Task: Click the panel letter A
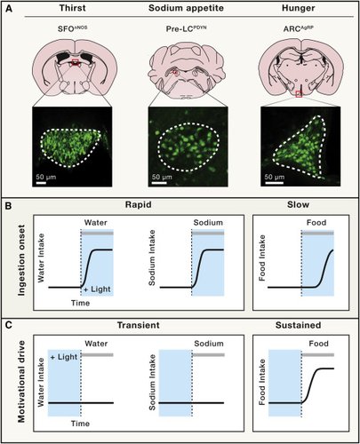(x=10, y=9)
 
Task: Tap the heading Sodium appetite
(x=186, y=8)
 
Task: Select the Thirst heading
(x=73, y=8)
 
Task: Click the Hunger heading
(x=299, y=8)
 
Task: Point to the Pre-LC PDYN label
(x=186, y=29)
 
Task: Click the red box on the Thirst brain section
(x=76, y=62)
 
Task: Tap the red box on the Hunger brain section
(x=299, y=94)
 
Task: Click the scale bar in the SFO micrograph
(x=41, y=183)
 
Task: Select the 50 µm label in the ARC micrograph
(x=275, y=177)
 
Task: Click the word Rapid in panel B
(x=139, y=204)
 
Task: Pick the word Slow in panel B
(x=298, y=204)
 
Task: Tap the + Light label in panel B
(x=97, y=289)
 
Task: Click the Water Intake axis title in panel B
(x=41, y=258)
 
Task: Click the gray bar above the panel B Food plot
(x=318, y=234)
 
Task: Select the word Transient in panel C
(x=139, y=325)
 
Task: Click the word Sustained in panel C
(x=298, y=325)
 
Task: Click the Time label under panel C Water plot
(x=80, y=424)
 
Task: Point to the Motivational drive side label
(x=21, y=382)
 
